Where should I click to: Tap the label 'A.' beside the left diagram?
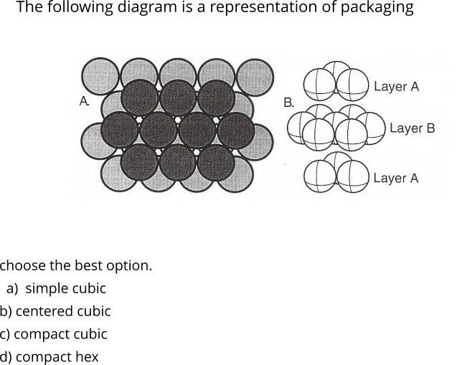(x=84, y=103)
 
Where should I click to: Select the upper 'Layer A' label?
(x=396, y=87)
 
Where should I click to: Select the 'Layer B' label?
(x=412, y=128)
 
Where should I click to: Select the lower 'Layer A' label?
(x=395, y=178)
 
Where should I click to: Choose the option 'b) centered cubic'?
(x=55, y=311)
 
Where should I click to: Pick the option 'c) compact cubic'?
(x=54, y=334)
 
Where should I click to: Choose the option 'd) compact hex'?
(x=49, y=357)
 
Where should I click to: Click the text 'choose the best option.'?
(x=76, y=265)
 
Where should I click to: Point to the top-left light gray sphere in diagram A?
(x=101, y=75)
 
